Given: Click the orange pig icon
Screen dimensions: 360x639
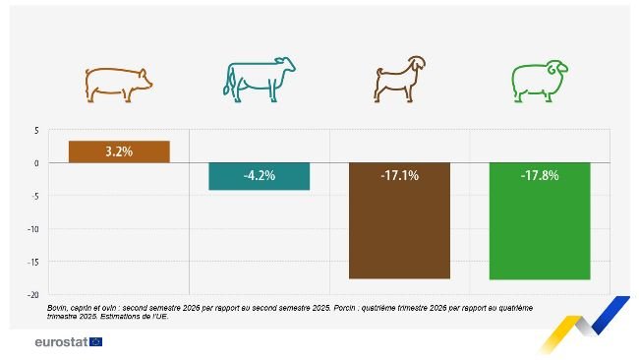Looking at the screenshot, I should (120, 84).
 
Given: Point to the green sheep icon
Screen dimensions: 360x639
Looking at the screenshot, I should (539, 83).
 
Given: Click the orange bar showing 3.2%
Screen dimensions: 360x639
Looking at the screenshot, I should (120, 151).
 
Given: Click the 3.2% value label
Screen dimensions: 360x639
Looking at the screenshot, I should (120, 152).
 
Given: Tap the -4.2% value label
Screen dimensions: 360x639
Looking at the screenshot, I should (260, 176).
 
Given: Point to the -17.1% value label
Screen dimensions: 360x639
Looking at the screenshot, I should (399, 176).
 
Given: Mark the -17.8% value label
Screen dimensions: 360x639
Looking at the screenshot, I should (539, 176).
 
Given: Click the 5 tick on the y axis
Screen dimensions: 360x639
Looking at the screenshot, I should (35, 131).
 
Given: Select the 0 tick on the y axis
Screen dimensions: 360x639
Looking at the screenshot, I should (35, 163).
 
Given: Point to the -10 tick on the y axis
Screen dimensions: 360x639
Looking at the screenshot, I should (32, 229).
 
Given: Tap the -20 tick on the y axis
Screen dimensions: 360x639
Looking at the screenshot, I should (32, 294).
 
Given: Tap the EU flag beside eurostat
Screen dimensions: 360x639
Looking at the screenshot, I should (95, 341).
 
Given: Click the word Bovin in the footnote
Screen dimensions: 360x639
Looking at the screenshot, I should (57, 308).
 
